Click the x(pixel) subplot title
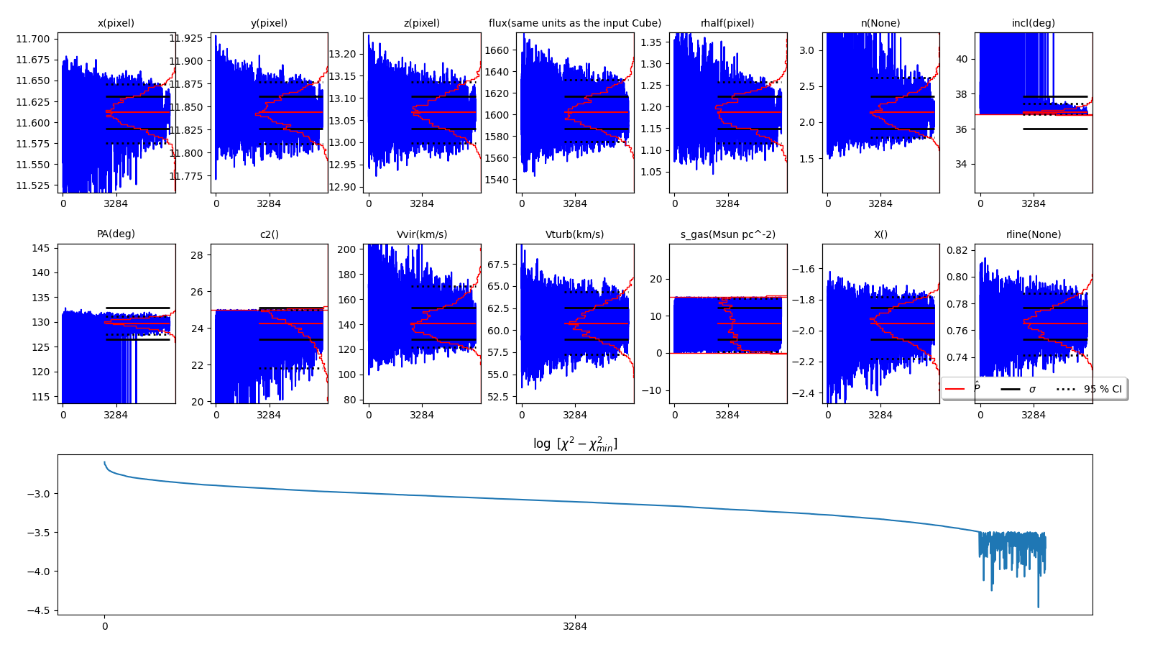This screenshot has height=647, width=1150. pos(116,23)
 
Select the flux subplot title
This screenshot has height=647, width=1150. pos(574,23)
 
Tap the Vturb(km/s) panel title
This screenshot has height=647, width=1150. pos(574,234)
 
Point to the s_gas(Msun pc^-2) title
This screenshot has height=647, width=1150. pos(727,234)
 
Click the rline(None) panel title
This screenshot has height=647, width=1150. pos(1033,234)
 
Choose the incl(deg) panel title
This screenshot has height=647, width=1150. pos(1033,23)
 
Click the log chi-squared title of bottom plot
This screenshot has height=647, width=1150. pos(574,444)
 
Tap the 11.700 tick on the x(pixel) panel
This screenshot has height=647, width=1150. pos(33,39)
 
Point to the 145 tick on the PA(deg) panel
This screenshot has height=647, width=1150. pos(41,248)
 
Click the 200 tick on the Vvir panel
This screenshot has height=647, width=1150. pos(347,249)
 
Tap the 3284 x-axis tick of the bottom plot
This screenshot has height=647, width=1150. pos(574,626)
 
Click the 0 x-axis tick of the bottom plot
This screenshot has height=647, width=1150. pos(105,626)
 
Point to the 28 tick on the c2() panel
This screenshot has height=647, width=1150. pos(198,254)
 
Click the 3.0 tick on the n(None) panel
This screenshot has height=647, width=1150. pos(806,50)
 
